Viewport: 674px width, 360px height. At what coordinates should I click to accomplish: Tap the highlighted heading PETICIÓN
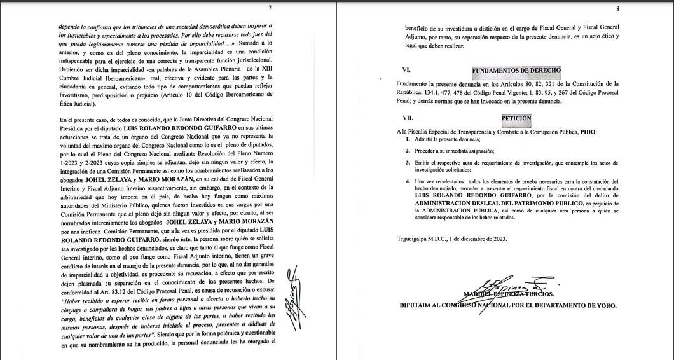pos(516,118)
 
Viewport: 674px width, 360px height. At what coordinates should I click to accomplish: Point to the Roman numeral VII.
pos(408,118)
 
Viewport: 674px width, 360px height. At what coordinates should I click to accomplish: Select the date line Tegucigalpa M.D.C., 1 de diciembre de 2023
pos(451,239)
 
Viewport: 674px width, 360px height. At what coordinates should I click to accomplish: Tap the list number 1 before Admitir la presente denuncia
pos(408,139)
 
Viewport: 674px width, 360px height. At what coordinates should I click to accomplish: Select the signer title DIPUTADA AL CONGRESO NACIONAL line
pos(507,305)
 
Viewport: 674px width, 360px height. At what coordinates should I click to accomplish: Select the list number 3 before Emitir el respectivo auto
pos(408,163)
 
